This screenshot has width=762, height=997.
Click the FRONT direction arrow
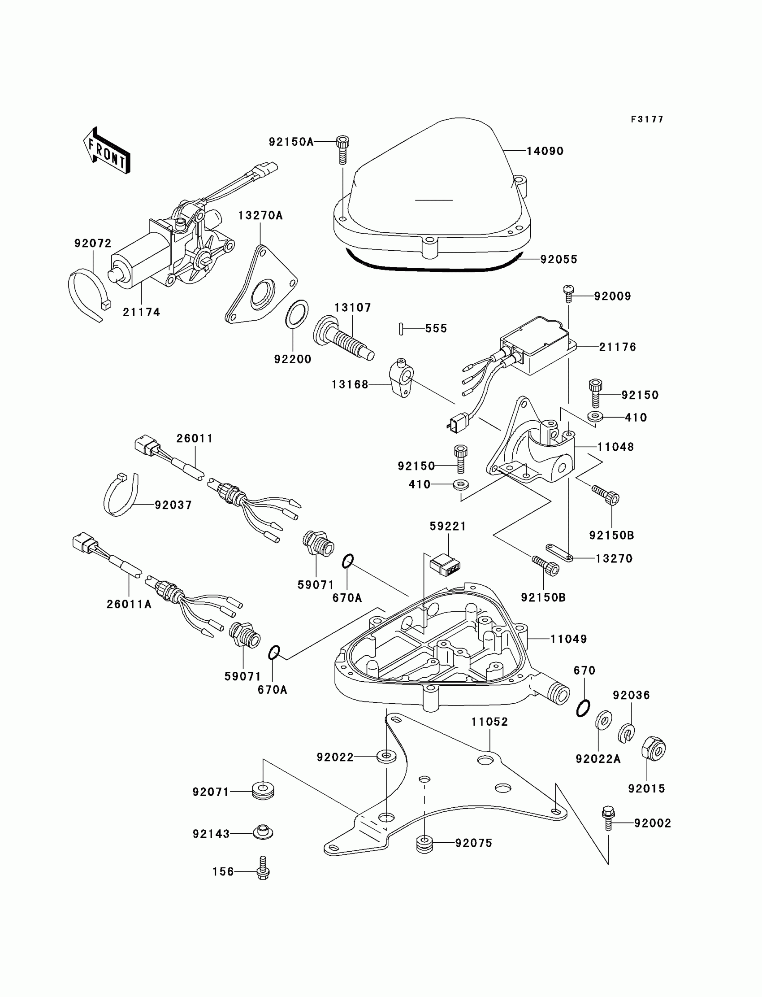point(107,151)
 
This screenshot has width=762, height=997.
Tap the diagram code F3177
point(647,119)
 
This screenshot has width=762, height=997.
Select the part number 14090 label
point(545,151)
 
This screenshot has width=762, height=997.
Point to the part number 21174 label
point(142,312)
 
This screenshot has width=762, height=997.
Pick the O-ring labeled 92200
point(297,313)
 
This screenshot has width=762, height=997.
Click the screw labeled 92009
point(568,293)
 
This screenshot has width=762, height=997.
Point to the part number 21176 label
point(618,347)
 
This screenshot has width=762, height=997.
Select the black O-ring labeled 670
point(583,708)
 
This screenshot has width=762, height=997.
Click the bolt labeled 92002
point(608,822)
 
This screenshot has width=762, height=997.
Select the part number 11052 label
point(489,722)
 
